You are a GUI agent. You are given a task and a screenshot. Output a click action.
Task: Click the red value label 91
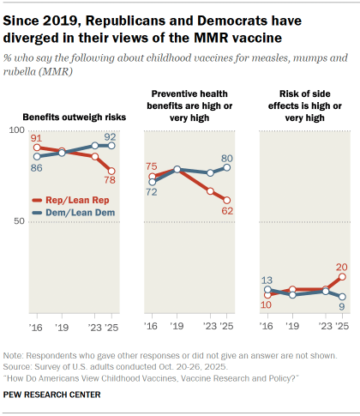click(36, 137)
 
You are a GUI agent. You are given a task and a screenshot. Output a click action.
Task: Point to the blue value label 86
click(36, 167)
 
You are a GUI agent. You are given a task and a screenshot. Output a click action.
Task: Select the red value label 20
click(342, 266)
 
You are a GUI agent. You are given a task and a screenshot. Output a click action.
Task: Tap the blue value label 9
click(342, 306)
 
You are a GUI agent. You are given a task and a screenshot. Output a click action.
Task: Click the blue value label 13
click(267, 280)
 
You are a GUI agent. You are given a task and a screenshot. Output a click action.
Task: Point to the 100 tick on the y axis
click(15, 130)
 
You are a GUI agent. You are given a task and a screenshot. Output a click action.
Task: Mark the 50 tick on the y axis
click(18, 221)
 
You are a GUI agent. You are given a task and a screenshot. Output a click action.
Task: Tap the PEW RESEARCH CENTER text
click(51, 395)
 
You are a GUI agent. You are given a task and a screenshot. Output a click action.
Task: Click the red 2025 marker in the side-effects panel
click(342, 277)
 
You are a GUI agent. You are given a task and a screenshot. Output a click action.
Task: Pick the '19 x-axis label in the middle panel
click(176, 327)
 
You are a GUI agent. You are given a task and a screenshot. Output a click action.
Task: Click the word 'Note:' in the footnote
click(15, 355)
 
